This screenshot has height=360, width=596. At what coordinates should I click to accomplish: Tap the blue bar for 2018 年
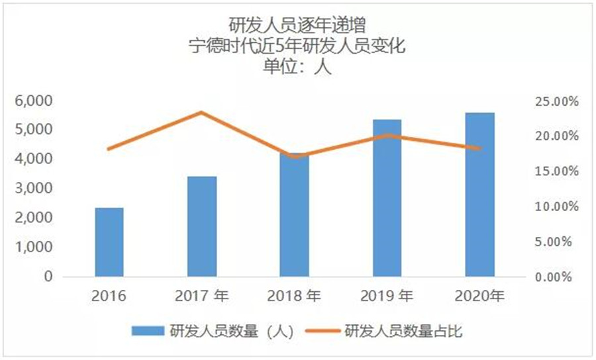(294, 215)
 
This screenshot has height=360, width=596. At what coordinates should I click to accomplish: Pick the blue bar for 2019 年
(387, 197)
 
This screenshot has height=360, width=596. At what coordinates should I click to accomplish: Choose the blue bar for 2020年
(479, 194)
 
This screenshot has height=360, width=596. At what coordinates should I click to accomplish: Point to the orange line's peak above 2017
(202, 112)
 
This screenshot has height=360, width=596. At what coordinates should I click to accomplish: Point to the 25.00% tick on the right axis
(557, 101)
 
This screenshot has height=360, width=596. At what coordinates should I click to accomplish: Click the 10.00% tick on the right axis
(557, 206)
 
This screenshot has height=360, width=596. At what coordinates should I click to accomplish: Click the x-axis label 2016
(109, 296)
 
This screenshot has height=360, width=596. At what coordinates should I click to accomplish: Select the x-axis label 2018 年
(294, 296)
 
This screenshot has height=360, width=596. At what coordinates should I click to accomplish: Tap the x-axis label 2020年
(479, 296)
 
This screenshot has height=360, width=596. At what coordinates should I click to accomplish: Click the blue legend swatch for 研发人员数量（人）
(148, 332)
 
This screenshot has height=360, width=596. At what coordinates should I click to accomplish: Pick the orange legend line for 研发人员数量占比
(323, 332)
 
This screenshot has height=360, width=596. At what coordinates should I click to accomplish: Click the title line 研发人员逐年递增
(297, 25)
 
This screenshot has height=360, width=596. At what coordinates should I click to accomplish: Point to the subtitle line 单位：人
(297, 66)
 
